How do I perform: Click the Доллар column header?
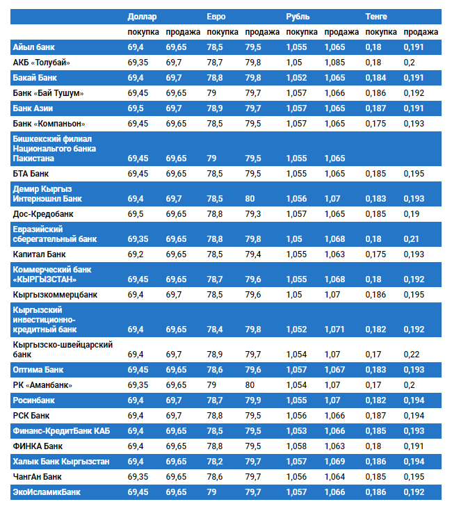143,16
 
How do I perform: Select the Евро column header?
216,16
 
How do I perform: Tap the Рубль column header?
298,16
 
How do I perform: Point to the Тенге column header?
377,16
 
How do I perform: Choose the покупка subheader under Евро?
223,32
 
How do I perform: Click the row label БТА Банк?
31,173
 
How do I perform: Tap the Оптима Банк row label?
38,369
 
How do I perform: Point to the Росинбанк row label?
34,400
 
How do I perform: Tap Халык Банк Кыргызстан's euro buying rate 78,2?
216,462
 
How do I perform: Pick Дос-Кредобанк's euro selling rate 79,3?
253,213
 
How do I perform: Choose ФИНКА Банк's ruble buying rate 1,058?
296,446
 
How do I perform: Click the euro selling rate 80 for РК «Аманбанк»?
250,384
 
